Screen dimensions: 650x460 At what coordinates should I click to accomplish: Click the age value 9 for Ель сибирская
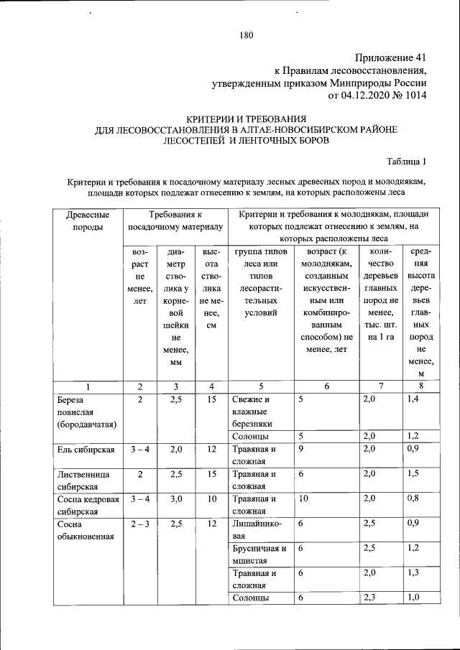tap(301, 450)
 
